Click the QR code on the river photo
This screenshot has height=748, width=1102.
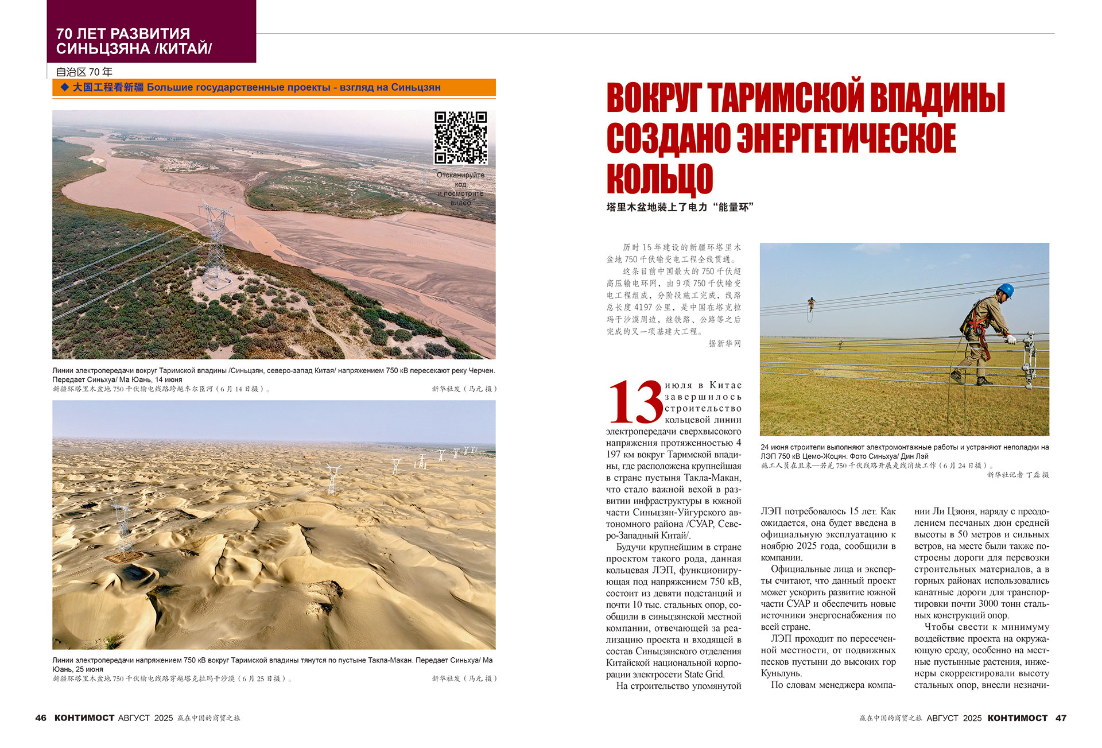[460, 138]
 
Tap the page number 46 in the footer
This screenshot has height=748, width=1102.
[41, 718]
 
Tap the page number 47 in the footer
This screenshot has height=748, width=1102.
[1061, 718]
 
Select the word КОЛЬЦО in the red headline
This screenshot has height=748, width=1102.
[659, 179]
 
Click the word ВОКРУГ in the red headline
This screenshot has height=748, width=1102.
[654, 98]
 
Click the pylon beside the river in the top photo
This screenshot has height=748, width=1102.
[216, 244]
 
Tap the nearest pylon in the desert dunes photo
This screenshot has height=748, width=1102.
[123, 531]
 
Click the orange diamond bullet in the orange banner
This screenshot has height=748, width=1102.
[64, 87]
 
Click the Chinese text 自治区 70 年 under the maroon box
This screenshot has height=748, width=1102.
[84, 72]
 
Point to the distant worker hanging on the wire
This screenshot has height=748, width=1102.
[811, 304]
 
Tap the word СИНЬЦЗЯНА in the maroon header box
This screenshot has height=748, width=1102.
[103, 49]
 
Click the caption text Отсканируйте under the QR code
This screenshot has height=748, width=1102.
[460, 175]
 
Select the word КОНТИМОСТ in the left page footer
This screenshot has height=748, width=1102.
[84, 718]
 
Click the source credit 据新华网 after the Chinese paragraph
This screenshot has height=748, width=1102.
[724, 343]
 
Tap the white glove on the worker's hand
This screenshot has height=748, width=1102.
[1012, 340]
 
